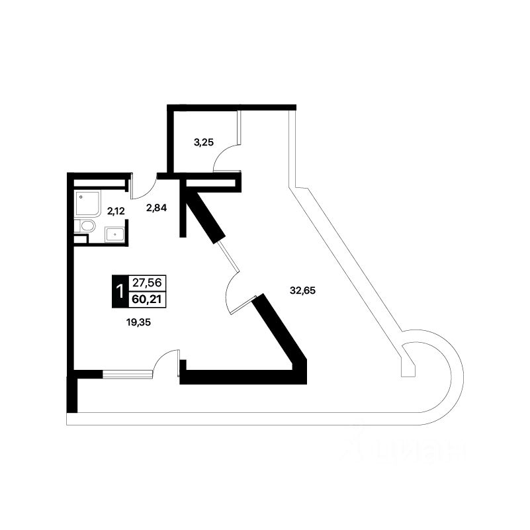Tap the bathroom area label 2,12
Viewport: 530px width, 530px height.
click(x=116, y=211)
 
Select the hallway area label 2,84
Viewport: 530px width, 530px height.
click(x=156, y=208)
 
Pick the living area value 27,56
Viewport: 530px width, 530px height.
click(x=148, y=283)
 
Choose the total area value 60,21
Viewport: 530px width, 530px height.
click(x=148, y=299)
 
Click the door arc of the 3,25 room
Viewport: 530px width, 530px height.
click(x=225, y=159)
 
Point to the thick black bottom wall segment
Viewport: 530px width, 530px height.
click(x=245, y=379)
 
